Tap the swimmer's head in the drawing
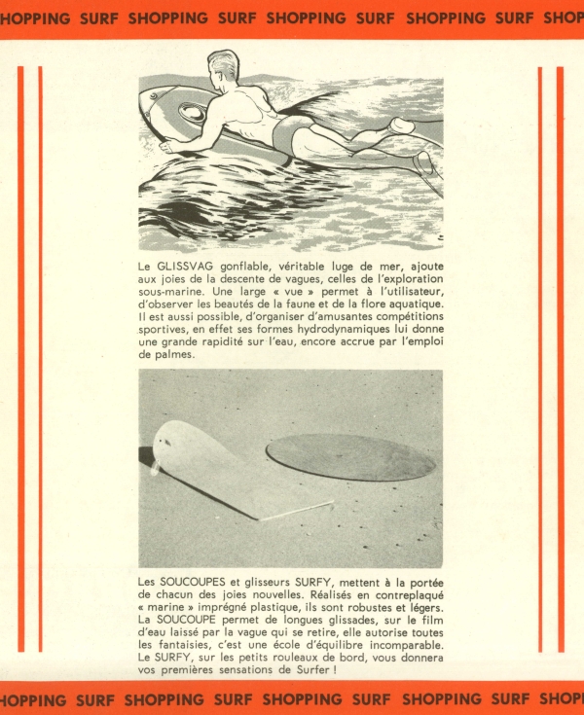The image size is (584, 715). pos(224,68)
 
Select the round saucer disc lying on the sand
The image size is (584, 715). pos(350,456)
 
